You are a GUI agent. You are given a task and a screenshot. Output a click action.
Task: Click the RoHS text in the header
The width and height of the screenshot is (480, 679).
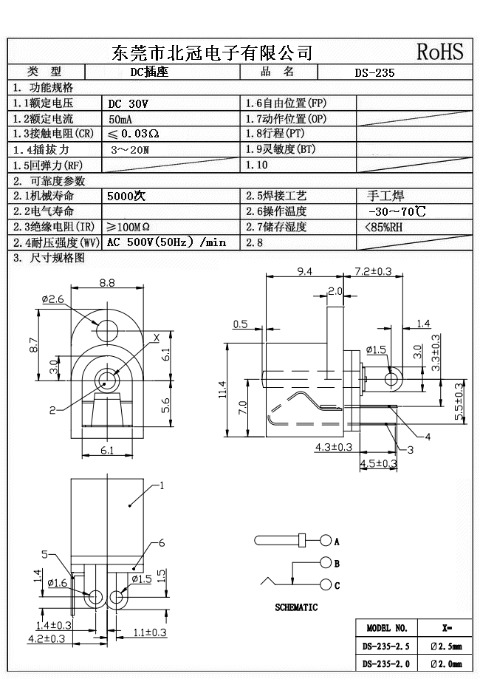coord(440,51)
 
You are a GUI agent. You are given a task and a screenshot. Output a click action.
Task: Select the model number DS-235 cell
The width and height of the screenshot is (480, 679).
coord(374,72)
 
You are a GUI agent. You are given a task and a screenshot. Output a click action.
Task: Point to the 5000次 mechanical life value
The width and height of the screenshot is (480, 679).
coord(127,197)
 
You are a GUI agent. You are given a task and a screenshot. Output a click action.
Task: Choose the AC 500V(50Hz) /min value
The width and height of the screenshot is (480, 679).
coord(166,242)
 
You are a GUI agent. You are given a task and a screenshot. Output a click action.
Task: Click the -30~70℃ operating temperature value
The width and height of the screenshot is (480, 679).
coord(397,212)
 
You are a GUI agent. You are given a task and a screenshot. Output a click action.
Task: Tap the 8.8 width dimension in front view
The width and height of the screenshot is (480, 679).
coord(107,282)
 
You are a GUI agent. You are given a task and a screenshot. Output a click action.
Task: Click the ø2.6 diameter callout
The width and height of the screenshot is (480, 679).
coord(53,298)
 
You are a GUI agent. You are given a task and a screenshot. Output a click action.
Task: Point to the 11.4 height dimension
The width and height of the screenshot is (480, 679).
coord(223,389)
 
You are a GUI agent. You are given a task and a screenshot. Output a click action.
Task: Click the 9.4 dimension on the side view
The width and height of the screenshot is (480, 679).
coord(305,271)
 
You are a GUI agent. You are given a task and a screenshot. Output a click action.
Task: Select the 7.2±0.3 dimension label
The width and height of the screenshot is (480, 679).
coord(373,271)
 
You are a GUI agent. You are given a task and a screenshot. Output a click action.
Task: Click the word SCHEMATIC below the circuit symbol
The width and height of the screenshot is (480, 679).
coord(296,607)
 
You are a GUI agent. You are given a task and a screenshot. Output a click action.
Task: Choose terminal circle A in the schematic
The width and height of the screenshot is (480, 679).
coord(326,541)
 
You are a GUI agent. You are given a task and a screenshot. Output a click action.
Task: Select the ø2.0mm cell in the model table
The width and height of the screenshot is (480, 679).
coord(446,663)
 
